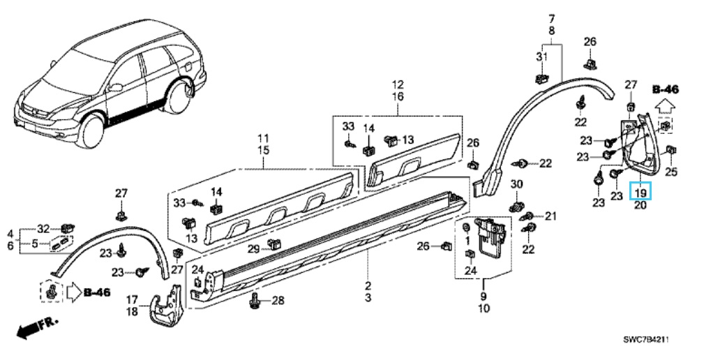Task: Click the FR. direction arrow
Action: [37, 327]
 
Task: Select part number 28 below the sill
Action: [277, 301]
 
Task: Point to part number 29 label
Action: [253, 250]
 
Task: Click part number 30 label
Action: [516, 185]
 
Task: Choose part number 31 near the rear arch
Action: [542, 57]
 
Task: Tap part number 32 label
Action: [43, 229]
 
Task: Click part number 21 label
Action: [550, 216]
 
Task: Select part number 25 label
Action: [671, 172]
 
